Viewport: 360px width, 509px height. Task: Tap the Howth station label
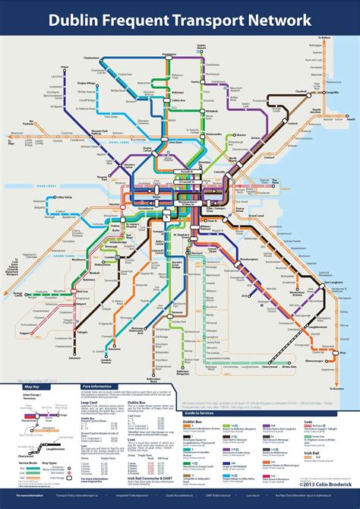point(350,119)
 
